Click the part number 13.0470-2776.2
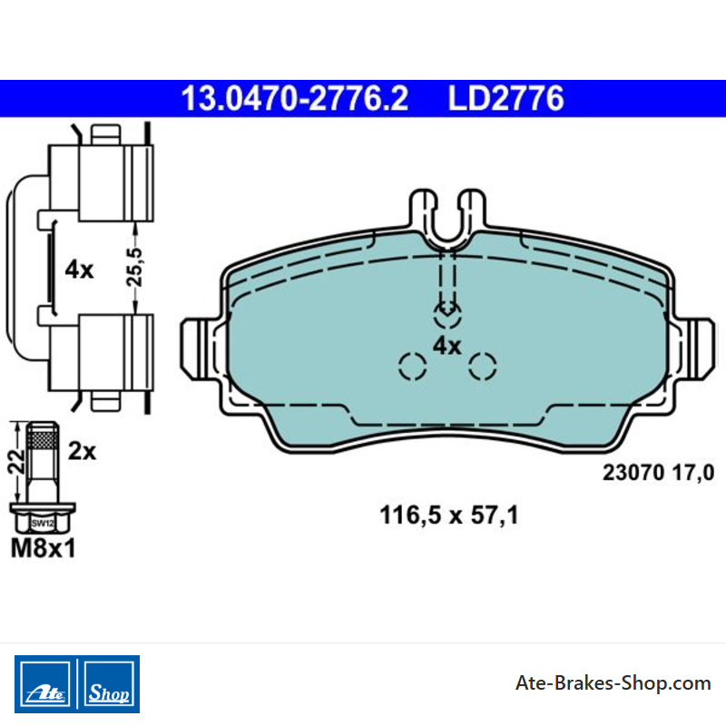click(294, 98)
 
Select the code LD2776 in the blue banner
click(505, 98)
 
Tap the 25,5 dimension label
click(135, 267)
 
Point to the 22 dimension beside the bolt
click(15, 462)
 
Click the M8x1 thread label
click(43, 548)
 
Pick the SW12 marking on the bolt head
click(43, 524)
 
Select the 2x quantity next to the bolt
click(82, 450)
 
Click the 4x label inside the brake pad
click(446, 346)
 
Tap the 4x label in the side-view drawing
click(79, 269)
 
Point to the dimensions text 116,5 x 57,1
click(448, 515)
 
